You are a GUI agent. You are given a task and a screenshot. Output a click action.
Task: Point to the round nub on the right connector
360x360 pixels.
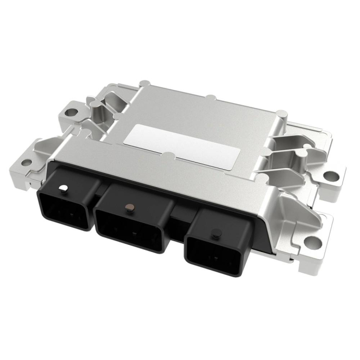pos(214,235)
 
